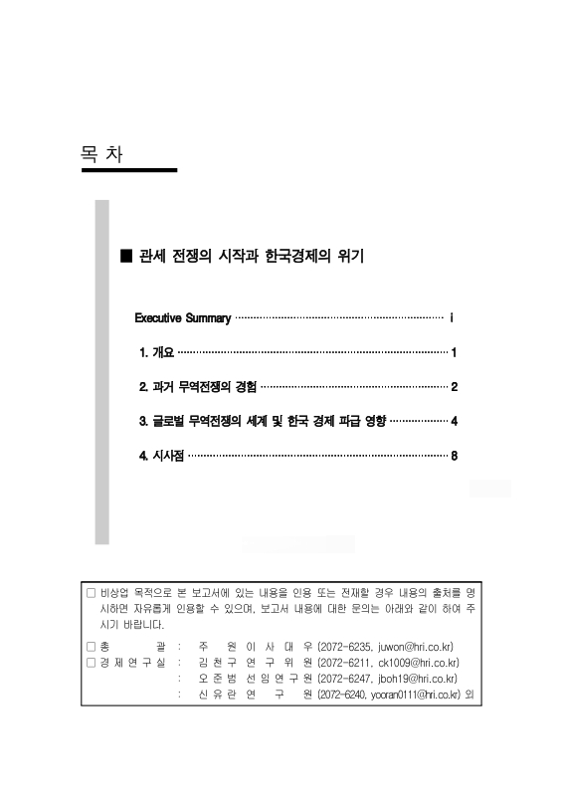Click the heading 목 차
[x=102, y=153]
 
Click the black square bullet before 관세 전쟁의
[x=125, y=256]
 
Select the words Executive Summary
[x=183, y=318]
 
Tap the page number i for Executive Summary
[x=453, y=318]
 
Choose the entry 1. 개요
[x=156, y=352]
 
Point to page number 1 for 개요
[x=454, y=352]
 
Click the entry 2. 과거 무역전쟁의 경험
[x=198, y=386]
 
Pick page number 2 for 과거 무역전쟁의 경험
[x=454, y=386]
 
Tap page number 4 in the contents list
[x=454, y=421]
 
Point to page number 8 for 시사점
[x=454, y=456]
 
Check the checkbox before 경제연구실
[x=92, y=662]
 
